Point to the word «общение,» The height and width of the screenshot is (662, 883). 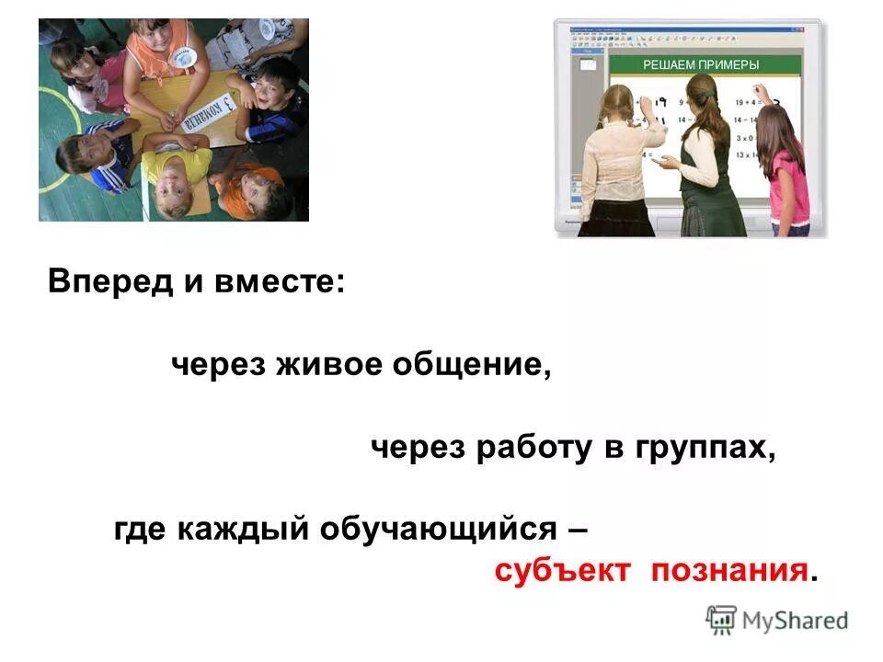coord(472,365)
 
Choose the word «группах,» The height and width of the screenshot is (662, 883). coord(703,448)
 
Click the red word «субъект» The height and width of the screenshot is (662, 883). coord(562,571)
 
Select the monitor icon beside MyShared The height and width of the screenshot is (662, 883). coord(722,620)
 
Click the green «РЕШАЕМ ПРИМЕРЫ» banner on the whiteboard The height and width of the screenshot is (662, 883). coord(700,64)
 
